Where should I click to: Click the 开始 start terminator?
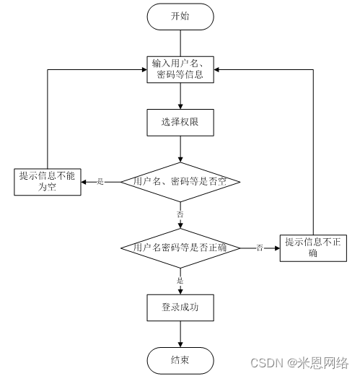[x=180, y=16]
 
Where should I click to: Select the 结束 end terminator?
[x=180, y=359]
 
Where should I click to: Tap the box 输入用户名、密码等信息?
[x=180, y=69]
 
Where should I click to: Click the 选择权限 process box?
[x=180, y=123]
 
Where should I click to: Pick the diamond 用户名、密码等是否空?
[x=180, y=181]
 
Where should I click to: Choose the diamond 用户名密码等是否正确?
[x=180, y=248]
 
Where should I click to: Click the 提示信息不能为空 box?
[x=47, y=181]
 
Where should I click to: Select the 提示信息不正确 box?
[x=312, y=248]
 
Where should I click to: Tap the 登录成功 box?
[x=180, y=307]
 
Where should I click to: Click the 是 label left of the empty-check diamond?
[x=100, y=182]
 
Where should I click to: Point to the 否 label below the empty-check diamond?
[x=180, y=214]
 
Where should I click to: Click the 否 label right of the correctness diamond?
[x=259, y=248]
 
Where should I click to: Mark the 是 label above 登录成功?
[x=180, y=281]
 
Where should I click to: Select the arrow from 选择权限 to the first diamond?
[x=180, y=149]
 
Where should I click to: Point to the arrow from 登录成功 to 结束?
[x=180, y=333]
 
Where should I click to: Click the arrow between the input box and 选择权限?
[x=180, y=96]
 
